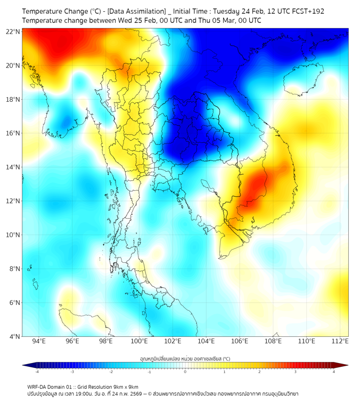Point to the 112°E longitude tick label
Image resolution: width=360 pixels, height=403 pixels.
pyautogui.click(x=340, y=341)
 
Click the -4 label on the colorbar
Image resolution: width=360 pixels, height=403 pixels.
pyautogui.click(x=37, y=372)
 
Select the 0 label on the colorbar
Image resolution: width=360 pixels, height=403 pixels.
pyautogui.click(x=185, y=372)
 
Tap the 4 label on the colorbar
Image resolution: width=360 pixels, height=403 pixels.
pyautogui.click(x=334, y=372)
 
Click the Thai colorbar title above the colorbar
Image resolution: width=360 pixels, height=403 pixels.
pyautogui.click(x=185, y=358)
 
